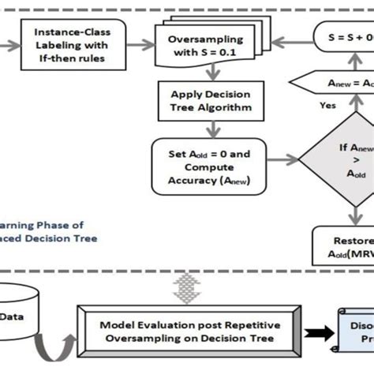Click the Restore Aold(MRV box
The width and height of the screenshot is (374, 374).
coord(344,243)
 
